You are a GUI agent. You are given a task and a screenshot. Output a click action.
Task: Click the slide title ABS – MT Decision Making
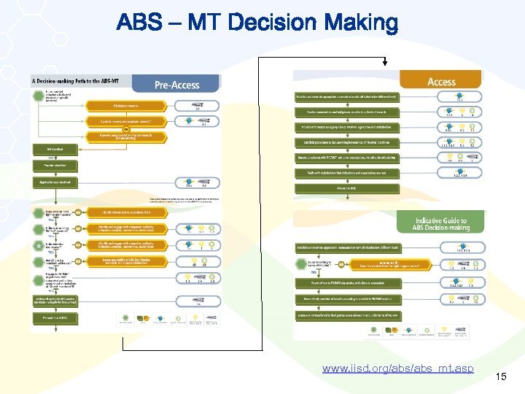(x=257, y=23)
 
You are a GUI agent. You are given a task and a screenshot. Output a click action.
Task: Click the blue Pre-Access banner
(x=177, y=84)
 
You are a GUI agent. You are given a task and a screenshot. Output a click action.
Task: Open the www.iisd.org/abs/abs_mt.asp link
(x=397, y=368)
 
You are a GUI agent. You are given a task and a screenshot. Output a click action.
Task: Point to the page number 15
(x=500, y=376)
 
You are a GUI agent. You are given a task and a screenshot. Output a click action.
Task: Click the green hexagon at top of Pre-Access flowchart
(x=37, y=93)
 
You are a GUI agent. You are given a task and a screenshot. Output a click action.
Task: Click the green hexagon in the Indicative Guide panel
(x=299, y=266)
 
